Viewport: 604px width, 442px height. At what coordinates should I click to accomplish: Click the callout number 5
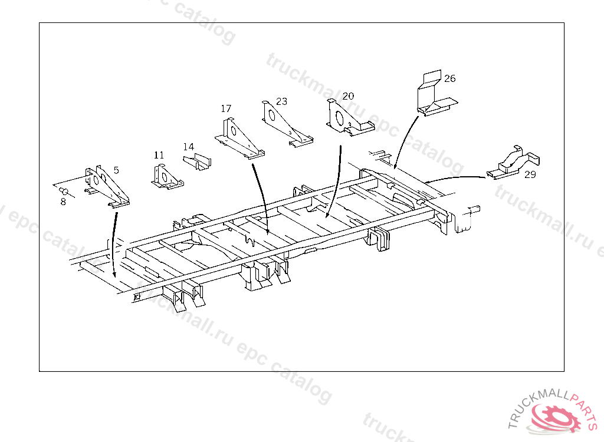coord(116,170)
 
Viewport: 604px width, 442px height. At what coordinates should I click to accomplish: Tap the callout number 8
coord(63,202)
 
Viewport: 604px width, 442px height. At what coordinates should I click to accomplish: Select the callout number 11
coord(159,155)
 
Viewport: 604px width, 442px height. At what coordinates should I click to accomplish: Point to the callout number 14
coord(188,146)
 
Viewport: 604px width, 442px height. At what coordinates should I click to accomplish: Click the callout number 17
coord(226,108)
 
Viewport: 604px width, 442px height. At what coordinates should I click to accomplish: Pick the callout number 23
coord(281,101)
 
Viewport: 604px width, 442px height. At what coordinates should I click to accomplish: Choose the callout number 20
coord(348,95)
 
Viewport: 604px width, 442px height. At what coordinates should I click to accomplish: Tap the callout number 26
coord(450,78)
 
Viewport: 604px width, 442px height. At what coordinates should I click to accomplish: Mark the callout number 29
coord(530,174)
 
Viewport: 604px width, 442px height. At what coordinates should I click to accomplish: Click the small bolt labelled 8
coord(65,192)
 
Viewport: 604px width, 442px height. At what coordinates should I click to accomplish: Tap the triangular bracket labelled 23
coord(285,124)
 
